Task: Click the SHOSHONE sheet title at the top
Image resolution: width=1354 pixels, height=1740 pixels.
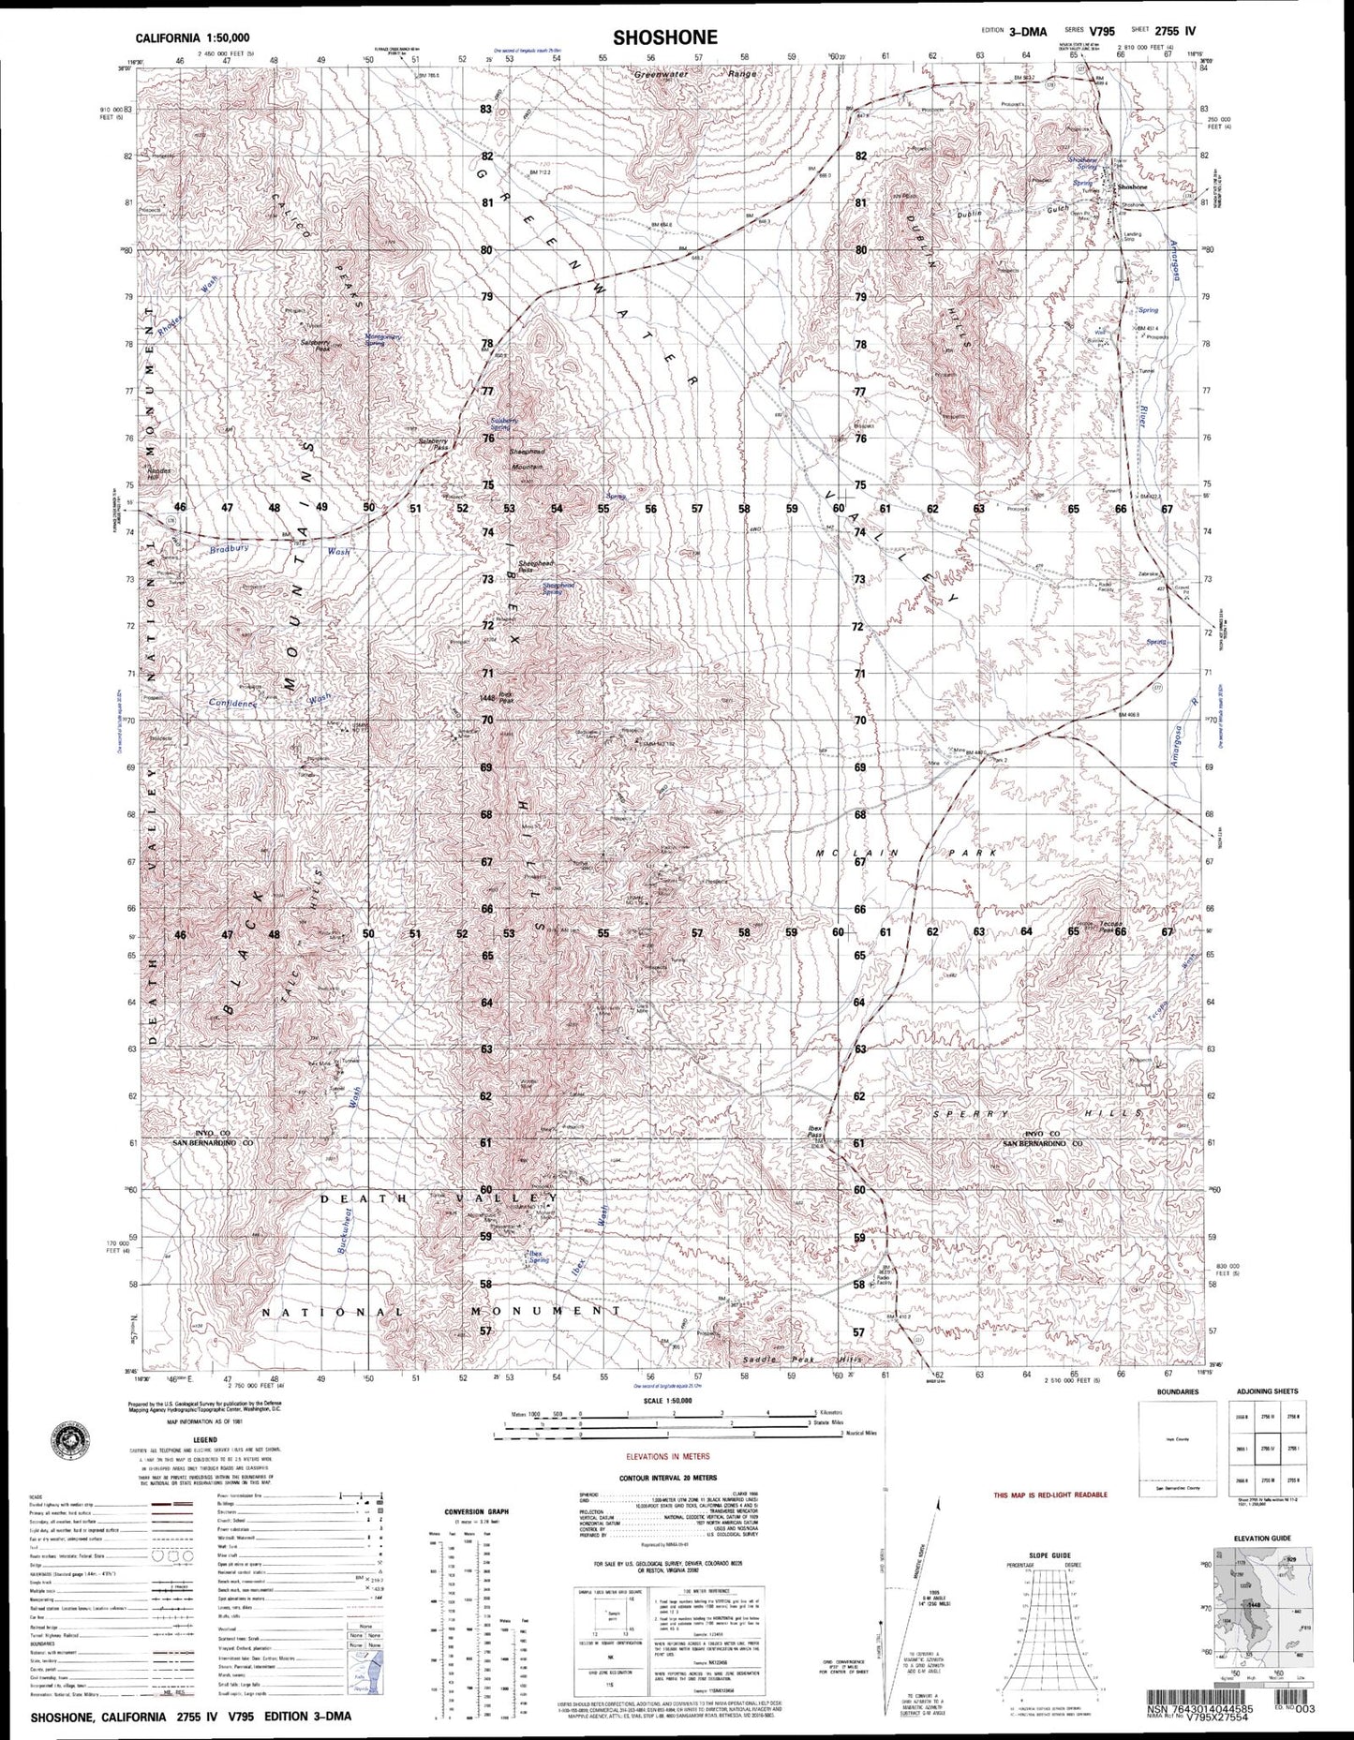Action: [x=665, y=37]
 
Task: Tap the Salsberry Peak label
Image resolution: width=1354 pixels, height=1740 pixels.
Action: [x=313, y=343]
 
